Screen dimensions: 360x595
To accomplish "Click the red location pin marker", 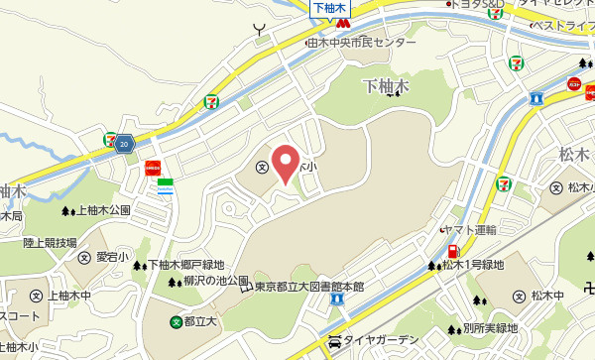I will tap(286, 163).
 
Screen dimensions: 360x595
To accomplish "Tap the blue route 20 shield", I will tap(123, 145).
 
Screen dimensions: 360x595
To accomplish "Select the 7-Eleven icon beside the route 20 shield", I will tap(109, 140).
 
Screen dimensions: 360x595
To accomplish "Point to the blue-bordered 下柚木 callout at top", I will tap(327, 8).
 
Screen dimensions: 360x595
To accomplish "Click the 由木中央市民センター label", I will tap(362, 44).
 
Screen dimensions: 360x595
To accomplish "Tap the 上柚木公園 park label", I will tap(104, 210).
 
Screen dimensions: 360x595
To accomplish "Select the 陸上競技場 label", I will tap(51, 242).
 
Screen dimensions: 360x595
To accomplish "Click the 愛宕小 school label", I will tap(112, 257).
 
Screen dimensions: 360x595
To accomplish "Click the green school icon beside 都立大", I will tap(177, 321).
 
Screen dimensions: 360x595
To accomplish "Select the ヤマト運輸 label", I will tap(469, 229).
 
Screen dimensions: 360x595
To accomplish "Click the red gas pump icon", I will tap(453, 252).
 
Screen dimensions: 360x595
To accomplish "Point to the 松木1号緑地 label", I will tap(473, 265).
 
